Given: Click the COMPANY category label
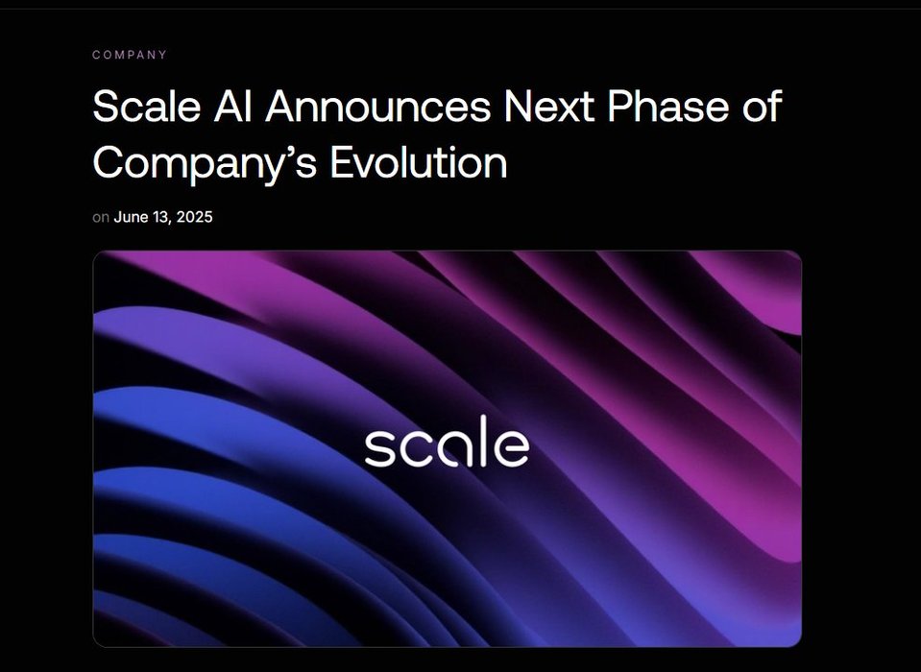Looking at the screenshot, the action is point(130,55).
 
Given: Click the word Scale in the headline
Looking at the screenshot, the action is point(147,107).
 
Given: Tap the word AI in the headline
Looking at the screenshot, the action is point(232,107).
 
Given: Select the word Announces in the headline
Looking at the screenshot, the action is point(377,107).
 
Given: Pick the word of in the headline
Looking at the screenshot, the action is point(762,106).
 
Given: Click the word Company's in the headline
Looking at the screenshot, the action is point(205,162).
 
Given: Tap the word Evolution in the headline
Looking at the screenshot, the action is point(418,161).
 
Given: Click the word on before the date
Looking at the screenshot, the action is point(101,218).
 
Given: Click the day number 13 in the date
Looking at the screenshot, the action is point(160,217).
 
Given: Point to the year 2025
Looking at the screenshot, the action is point(194,217).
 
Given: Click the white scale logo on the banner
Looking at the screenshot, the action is point(447,442).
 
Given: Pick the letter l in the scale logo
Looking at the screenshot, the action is point(484,442).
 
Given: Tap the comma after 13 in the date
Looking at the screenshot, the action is point(171,223).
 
